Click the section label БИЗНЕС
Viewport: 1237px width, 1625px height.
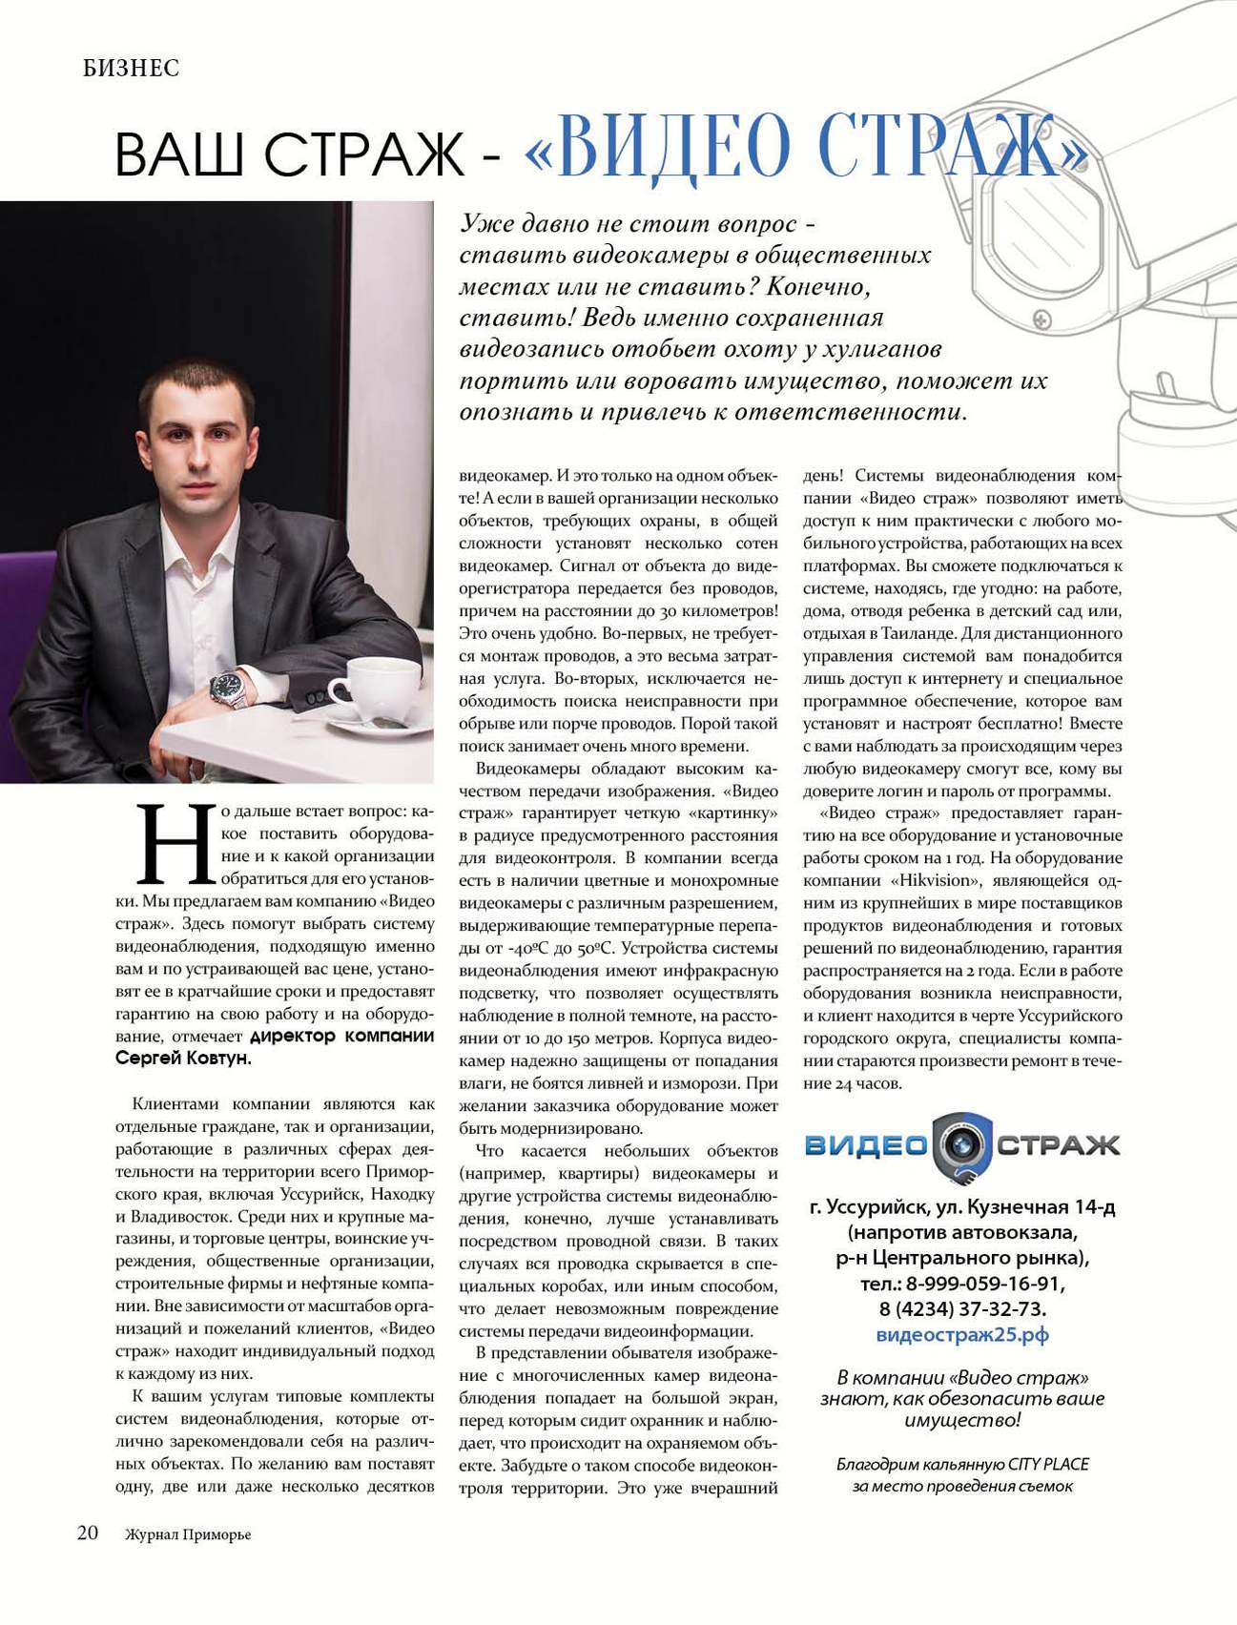tap(131, 69)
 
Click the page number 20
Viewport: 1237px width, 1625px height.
tap(88, 1532)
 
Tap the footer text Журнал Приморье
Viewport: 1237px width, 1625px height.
tap(188, 1534)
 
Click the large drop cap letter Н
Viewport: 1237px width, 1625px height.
tap(175, 843)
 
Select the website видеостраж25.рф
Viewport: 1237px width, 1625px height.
tap(961, 1334)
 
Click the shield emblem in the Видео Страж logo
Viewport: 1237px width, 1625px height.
tap(961, 1146)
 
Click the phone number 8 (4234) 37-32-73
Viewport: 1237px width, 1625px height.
tap(961, 1308)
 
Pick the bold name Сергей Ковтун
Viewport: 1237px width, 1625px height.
tap(183, 1059)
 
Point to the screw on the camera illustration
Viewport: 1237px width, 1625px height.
tap(1041, 319)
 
